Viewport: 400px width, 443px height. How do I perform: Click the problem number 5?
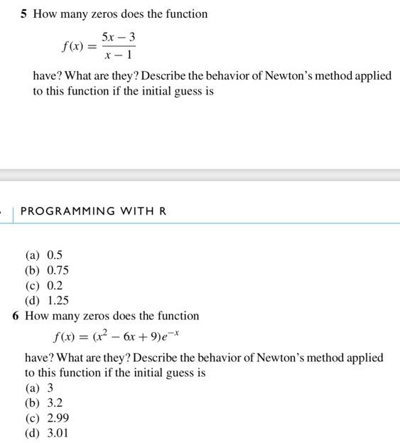(23, 14)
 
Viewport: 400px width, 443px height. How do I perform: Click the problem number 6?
(16, 316)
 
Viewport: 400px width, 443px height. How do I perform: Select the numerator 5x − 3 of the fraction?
(118, 36)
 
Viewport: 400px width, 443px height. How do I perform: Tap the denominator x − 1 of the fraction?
(118, 55)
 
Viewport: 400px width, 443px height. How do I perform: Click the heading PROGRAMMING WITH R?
(93, 211)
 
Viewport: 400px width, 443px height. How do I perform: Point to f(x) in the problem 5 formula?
(72, 46)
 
